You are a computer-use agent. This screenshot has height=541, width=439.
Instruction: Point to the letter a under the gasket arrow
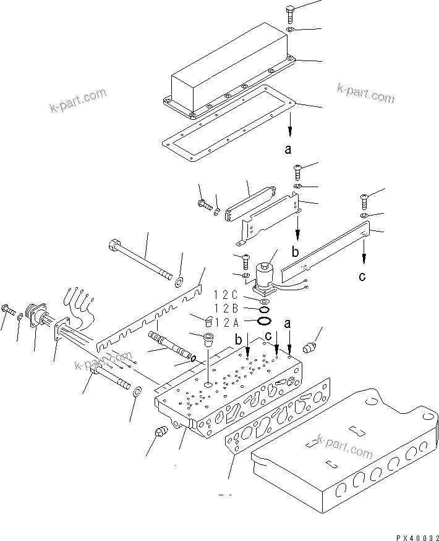288,149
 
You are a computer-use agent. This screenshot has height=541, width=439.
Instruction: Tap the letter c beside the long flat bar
362,277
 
